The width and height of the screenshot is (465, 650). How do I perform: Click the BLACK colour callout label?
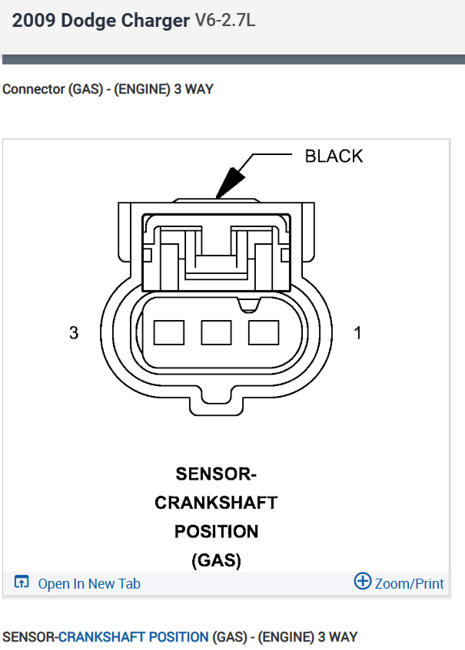pyautogui.click(x=334, y=156)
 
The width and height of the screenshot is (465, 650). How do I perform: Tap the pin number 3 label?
pyautogui.click(x=74, y=333)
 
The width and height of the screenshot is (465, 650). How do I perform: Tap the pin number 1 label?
pyautogui.click(x=357, y=333)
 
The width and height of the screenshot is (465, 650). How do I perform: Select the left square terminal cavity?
pyautogui.click(x=169, y=332)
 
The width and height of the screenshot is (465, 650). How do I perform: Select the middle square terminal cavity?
pyautogui.click(x=216, y=332)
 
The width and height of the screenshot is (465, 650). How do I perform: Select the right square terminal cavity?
pyautogui.click(x=263, y=332)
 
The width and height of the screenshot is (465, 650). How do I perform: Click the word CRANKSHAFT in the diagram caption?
pyautogui.click(x=216, y=503)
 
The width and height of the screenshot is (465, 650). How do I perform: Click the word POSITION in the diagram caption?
pyautogui.click(x=216, y=531)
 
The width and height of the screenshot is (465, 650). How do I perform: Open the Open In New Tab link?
pyautogui.click(x=89, y=584)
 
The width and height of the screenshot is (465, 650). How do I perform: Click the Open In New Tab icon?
pyautogui.click(x=22, y=583)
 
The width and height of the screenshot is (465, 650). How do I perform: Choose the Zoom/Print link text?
pyautogui.click(x=409, y=584)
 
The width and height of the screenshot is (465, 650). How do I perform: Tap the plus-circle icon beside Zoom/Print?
pyautogui.click(x=362, y=582)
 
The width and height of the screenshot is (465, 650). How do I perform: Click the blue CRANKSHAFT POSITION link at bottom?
pyautogui.click(x=133, y=637)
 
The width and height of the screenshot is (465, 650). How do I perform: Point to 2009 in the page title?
pyautogui.click(x=32, y=21)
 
